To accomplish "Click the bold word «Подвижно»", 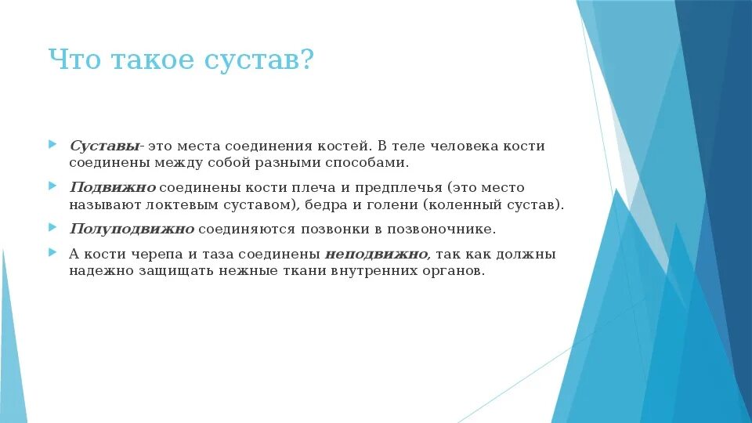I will point(113,188).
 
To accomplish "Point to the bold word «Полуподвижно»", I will point(132,230).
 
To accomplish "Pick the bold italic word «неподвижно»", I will point(377,255).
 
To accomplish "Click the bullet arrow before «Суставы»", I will point(52,145).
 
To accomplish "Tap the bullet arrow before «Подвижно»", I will point(52,186).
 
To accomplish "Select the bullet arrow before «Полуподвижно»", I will point(52,228).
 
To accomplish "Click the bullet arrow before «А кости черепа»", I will point(52,253).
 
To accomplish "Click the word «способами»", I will point(372,163).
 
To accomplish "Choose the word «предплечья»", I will point(399,188).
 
